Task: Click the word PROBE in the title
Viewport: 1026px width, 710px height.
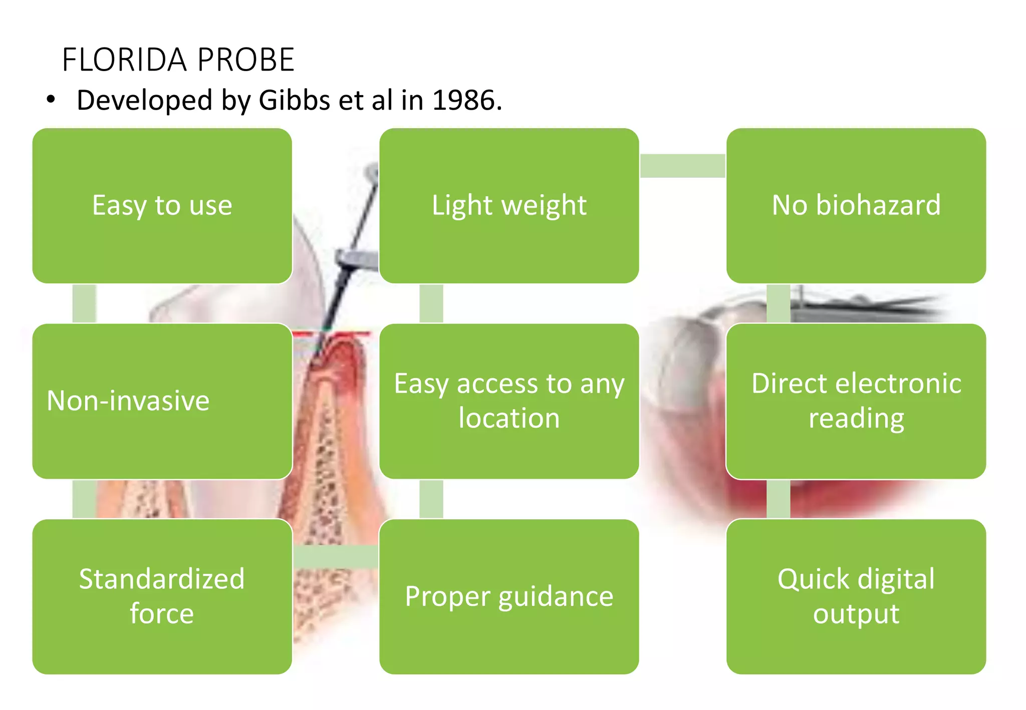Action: coord(245,60)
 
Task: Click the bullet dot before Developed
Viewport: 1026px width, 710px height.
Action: coord(51,100)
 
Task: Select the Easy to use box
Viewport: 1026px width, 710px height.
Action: coord(162,206)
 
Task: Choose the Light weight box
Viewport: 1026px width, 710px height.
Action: coord(509,206)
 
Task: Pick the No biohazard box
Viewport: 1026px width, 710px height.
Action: coord(856,206)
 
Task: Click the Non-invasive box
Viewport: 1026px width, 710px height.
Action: coord(162,401)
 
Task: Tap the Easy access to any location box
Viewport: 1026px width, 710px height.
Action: coord(509,401)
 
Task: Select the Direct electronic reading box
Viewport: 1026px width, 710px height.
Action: coord(856,401)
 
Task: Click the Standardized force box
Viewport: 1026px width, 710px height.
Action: coord(162,596)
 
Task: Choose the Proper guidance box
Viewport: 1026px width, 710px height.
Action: coord(509,596)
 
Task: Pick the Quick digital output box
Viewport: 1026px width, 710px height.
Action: coord(856,596)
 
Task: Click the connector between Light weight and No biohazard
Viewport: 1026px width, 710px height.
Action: coord(682,166)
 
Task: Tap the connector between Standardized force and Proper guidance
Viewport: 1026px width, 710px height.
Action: coord(336,557)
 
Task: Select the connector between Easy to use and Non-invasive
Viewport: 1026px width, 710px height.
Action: coord(84,303)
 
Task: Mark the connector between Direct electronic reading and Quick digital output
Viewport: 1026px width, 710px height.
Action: coord(778,499)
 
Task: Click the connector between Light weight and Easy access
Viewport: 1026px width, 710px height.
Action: coord(431,303)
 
